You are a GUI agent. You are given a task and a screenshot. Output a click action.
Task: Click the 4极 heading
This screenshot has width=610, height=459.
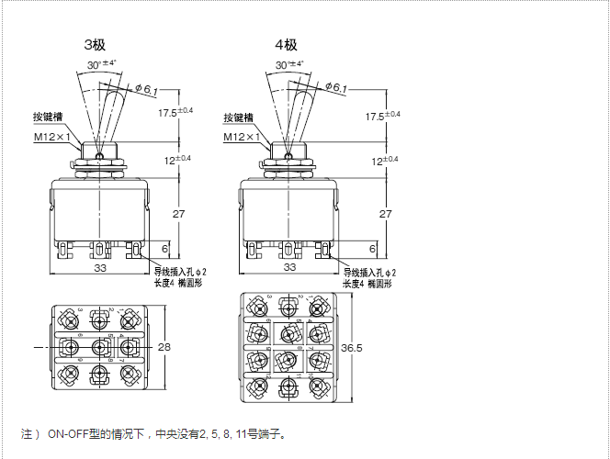point(286,44)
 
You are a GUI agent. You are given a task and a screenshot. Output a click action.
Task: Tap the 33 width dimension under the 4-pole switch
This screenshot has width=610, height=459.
point(289,267)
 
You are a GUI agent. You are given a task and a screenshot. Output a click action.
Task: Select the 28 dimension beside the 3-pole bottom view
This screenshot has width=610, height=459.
point(165,347)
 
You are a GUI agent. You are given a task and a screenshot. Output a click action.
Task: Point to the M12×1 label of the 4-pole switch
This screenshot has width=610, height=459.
point(243,138)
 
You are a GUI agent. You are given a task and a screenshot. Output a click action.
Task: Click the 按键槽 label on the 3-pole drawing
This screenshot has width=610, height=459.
point(48,118)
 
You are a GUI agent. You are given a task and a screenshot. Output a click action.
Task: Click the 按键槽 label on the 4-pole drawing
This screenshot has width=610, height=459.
point(239,118)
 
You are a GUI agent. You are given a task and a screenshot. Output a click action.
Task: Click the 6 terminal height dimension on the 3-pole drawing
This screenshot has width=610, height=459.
point(165,249)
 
